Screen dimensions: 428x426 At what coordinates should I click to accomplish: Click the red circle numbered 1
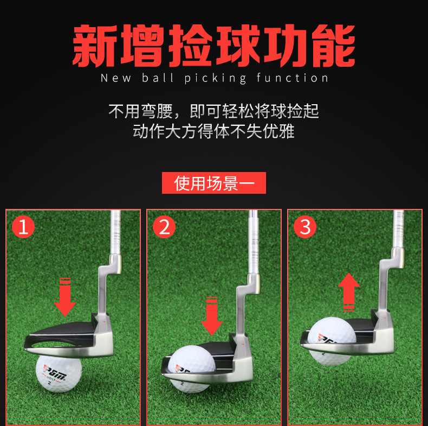pyautogui.click(x=23, y=227)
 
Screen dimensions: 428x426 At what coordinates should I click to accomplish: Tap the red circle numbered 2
pyautogui.click(x=164, y=227)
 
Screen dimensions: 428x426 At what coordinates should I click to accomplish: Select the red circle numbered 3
pyautogui.click(x=305, y=227)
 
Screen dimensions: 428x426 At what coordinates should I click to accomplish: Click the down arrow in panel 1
pyautogui.click(x=65, y=297)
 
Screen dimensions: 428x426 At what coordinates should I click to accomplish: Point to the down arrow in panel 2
pyautogui.click(x=212, y=316)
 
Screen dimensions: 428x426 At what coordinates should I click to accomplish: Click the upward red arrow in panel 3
pyautogui.click(x=349, y=292)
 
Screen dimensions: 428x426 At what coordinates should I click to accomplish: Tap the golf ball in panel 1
pyautogui.click(x=59, y=373)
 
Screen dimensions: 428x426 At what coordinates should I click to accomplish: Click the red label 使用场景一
pyautogui.click(x=214, y=183)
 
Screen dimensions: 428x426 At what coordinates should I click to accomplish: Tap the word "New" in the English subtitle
pyautogui.click(x=116, y=78)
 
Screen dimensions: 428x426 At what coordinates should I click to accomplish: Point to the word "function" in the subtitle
pyautogui.click(x=292, y=78)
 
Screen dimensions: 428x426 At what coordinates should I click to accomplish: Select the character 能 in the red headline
pyautogui.click(x=334, y=46)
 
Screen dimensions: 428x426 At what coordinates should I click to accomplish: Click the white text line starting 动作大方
pyautogui.click(x=213, y=131)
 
